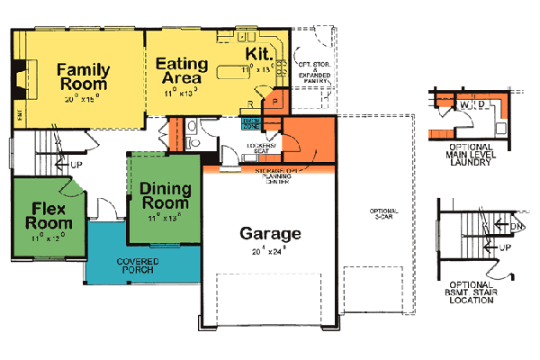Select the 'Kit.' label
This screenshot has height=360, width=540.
[x=260, y=54]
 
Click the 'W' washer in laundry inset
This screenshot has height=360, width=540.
[x=464, y=107]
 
